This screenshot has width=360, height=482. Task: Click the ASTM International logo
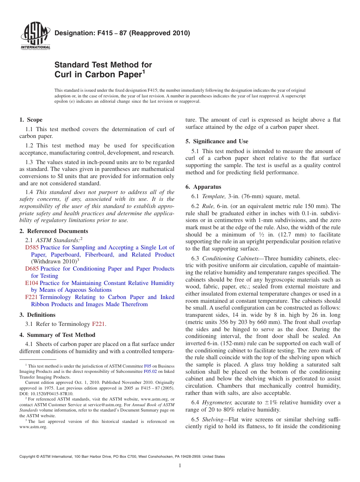tap(35, 37)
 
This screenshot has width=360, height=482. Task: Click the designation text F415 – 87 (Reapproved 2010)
tap(122, 33)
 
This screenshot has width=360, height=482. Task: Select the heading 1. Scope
tap(31, 120)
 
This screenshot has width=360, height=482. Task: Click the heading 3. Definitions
tap(37, 315)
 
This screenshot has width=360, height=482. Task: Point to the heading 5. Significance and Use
tap(217, 141)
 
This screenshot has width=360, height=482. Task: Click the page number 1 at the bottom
tap(180, 466)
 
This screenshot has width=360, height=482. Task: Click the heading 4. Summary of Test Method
tap(57, 335)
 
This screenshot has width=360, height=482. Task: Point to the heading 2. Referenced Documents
tap(53, 231)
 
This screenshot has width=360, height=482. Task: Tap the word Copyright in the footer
tap(27, 457)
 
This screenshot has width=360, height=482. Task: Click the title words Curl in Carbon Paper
tap(98, 74)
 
